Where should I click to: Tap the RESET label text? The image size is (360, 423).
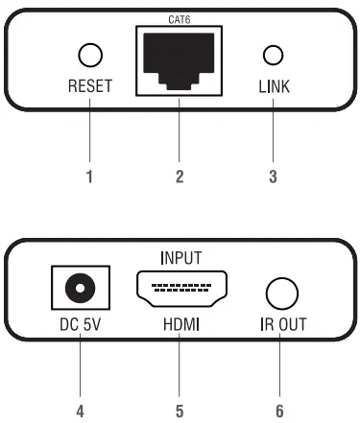point(89,86)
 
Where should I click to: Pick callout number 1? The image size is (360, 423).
point(88,176)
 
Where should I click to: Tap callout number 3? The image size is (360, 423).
point(274,176)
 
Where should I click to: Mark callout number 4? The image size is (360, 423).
point(79,411)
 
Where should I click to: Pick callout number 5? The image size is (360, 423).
point(180,411)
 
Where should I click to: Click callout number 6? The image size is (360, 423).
point(280,411)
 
